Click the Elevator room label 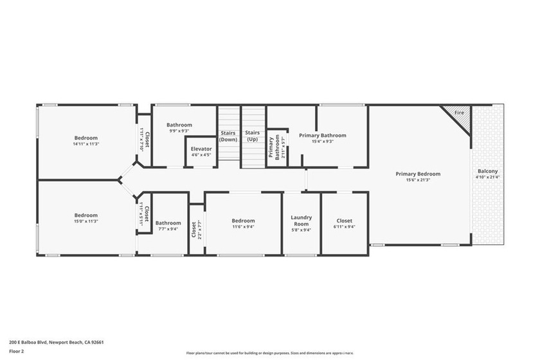coord(201,148)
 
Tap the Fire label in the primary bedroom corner coord(459,113)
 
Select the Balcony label coord(487,171)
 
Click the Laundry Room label coord(301,220)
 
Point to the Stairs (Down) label coord(228,136)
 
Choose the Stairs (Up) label coord(252,136)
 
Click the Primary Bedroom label coord(418,174)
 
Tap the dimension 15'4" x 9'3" coord(322,142)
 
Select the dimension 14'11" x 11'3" coord(85,144)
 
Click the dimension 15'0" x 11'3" coord(85,221)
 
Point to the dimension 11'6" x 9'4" coord(243,226)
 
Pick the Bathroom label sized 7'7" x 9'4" coord(168,222)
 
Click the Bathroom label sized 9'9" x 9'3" coord(179,125)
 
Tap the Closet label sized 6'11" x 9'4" coord(344,221)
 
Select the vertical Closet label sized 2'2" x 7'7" coord(194,230)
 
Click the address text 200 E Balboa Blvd coord(57,343)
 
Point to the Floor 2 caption coord(17,351)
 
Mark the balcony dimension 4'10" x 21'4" coord(487,177)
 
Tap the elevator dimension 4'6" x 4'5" coord(201,155)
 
